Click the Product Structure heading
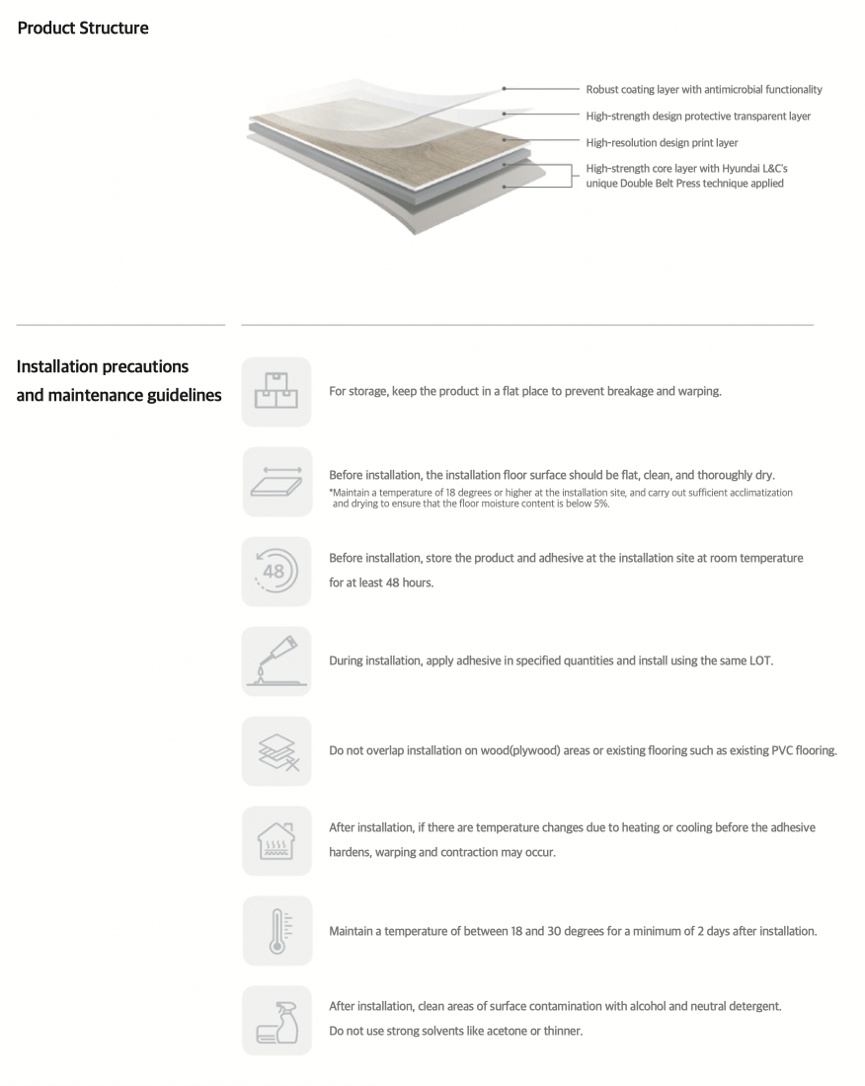point(83,28)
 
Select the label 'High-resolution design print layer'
point(662,143)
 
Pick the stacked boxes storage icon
point(276,392)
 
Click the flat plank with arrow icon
point(276,482)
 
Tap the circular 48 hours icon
point(276,572)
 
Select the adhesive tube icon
point(276,661)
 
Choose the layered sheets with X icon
point(276,751)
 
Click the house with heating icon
point(276,841)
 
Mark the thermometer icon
point(276,931)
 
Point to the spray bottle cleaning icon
point(276,1021)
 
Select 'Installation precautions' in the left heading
point(103,367)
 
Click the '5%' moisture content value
point(599,504)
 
